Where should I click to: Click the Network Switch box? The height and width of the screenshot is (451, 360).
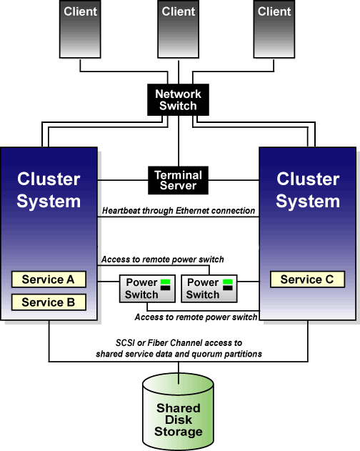[178, 100]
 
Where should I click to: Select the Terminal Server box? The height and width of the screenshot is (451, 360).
[178, 180]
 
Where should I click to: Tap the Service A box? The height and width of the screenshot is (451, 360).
[49, 279]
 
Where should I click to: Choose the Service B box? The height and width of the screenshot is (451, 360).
[49, 302]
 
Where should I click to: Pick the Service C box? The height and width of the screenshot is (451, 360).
[307, 279]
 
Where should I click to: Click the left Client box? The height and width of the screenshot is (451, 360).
[80, 29]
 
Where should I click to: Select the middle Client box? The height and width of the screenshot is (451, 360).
[178, 29]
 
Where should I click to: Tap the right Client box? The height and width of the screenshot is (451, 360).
[274, 29]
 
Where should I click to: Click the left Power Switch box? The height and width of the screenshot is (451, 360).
[147, 289]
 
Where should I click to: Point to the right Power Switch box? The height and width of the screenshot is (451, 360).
[209, 289]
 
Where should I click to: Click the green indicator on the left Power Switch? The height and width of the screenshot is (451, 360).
[165, 282]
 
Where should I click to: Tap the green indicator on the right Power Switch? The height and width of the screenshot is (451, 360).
[228, 282]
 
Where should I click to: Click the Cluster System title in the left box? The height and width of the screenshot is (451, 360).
[49, 190]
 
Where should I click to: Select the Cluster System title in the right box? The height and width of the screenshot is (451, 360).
[308, 190]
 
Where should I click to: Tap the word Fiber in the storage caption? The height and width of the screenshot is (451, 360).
[155, 343]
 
